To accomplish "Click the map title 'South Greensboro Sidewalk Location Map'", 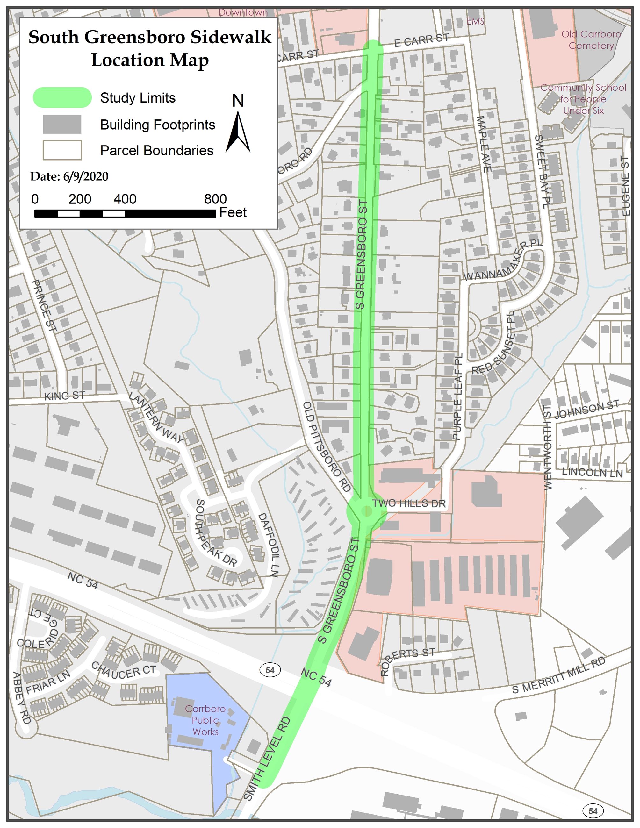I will click(150, 48).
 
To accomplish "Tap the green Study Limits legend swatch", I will click(62, 97).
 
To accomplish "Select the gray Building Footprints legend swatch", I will click(62, 124).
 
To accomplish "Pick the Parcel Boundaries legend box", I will click(62, 150).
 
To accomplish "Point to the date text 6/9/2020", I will click(69, 176).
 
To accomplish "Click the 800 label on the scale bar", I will click(215, 199).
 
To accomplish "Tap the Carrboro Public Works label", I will click(205, 720).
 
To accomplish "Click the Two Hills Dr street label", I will click(409, 503).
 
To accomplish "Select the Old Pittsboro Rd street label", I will click(327, 447).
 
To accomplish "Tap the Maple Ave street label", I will click(484, 144).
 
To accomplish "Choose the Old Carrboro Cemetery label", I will click(591, 40).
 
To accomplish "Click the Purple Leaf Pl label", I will click(458, 396).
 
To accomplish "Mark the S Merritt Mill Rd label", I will click(558, 675).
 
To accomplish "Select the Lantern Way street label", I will click(156, 418).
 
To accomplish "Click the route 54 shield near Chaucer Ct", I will click(270, 670).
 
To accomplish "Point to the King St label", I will click(64, 396).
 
